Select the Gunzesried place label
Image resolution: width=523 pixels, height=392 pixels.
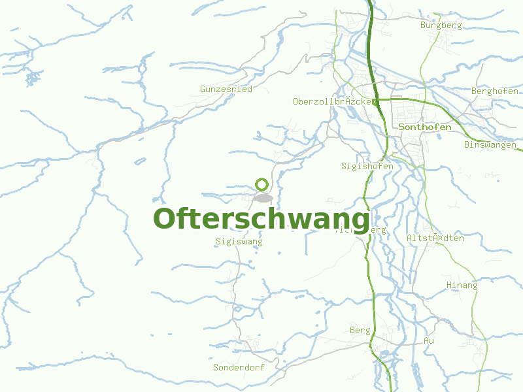pyautogui.click(x=226, y=89)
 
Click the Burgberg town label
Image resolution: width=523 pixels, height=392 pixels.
pyautogui.click(x=441, y=25)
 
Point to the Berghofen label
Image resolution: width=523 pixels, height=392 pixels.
pyautogui.click(x=495, y=91)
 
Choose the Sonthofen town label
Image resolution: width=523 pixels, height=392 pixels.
pyautogui.click(x=425, y=127)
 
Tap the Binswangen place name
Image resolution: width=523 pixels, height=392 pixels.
pyautogui.click(x=490, y=144)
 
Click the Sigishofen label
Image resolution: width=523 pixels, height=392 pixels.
pyautogui.click(x=367, y=167)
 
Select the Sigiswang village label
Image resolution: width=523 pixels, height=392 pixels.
pyautogui.click(x=239, y=242)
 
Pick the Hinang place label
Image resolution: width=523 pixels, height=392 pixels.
pyautogui.click(x=462, y=286)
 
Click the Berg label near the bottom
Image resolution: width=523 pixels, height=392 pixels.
pyautogui.click(x=360, y=331)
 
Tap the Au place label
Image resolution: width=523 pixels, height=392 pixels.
pyautogui.click(x=429, y=341)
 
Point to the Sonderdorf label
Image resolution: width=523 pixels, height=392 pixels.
pyautogui.click(x=239, y=367)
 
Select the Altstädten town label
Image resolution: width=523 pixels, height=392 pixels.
pyautogui.click(x=435, y=238)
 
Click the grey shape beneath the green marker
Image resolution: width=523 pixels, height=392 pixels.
pyautogui.click(x=263, y=197)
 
